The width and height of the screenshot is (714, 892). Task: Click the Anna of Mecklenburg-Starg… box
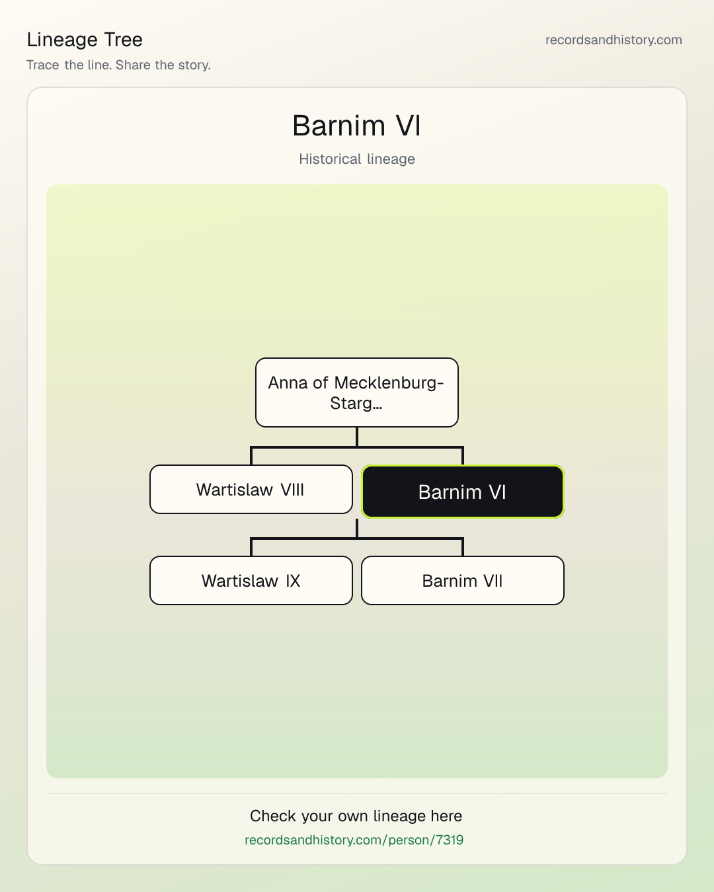click(x=357, y=392)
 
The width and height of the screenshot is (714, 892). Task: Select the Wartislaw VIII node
click(x=251, y=490)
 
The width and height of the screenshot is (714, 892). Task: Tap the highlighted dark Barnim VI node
click(x=463, y=492)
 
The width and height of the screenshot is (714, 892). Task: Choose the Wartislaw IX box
click(x=251, y=580)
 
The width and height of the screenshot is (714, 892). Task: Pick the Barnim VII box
click(x=463, y=580)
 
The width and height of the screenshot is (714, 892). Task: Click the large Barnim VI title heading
click(x=357, y=126)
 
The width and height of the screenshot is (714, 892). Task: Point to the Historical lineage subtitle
click(x=357, y=159)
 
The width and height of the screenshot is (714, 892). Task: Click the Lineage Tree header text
click(x=85, y=40)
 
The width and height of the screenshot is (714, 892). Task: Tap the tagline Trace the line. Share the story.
click(x=118, y=65)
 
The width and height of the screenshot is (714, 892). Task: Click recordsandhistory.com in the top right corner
click(x=614, y=40)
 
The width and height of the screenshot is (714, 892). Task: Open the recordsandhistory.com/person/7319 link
click(x=354, y=840)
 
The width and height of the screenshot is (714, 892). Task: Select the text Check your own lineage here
click(x=356, y=816)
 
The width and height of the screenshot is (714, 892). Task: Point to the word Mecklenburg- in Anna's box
click(x=389, y=383)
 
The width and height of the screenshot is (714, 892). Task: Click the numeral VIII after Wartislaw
click(x=292, y=490)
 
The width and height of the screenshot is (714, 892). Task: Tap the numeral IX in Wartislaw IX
click(x=293, y=581)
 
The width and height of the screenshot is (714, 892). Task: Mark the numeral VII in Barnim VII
click(x=493, y=581)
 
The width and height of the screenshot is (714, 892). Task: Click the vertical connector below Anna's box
click(x=357, y=437)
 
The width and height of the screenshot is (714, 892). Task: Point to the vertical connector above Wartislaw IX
click(x=251, y=547)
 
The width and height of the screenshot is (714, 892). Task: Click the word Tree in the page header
click(x=123, y=40)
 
